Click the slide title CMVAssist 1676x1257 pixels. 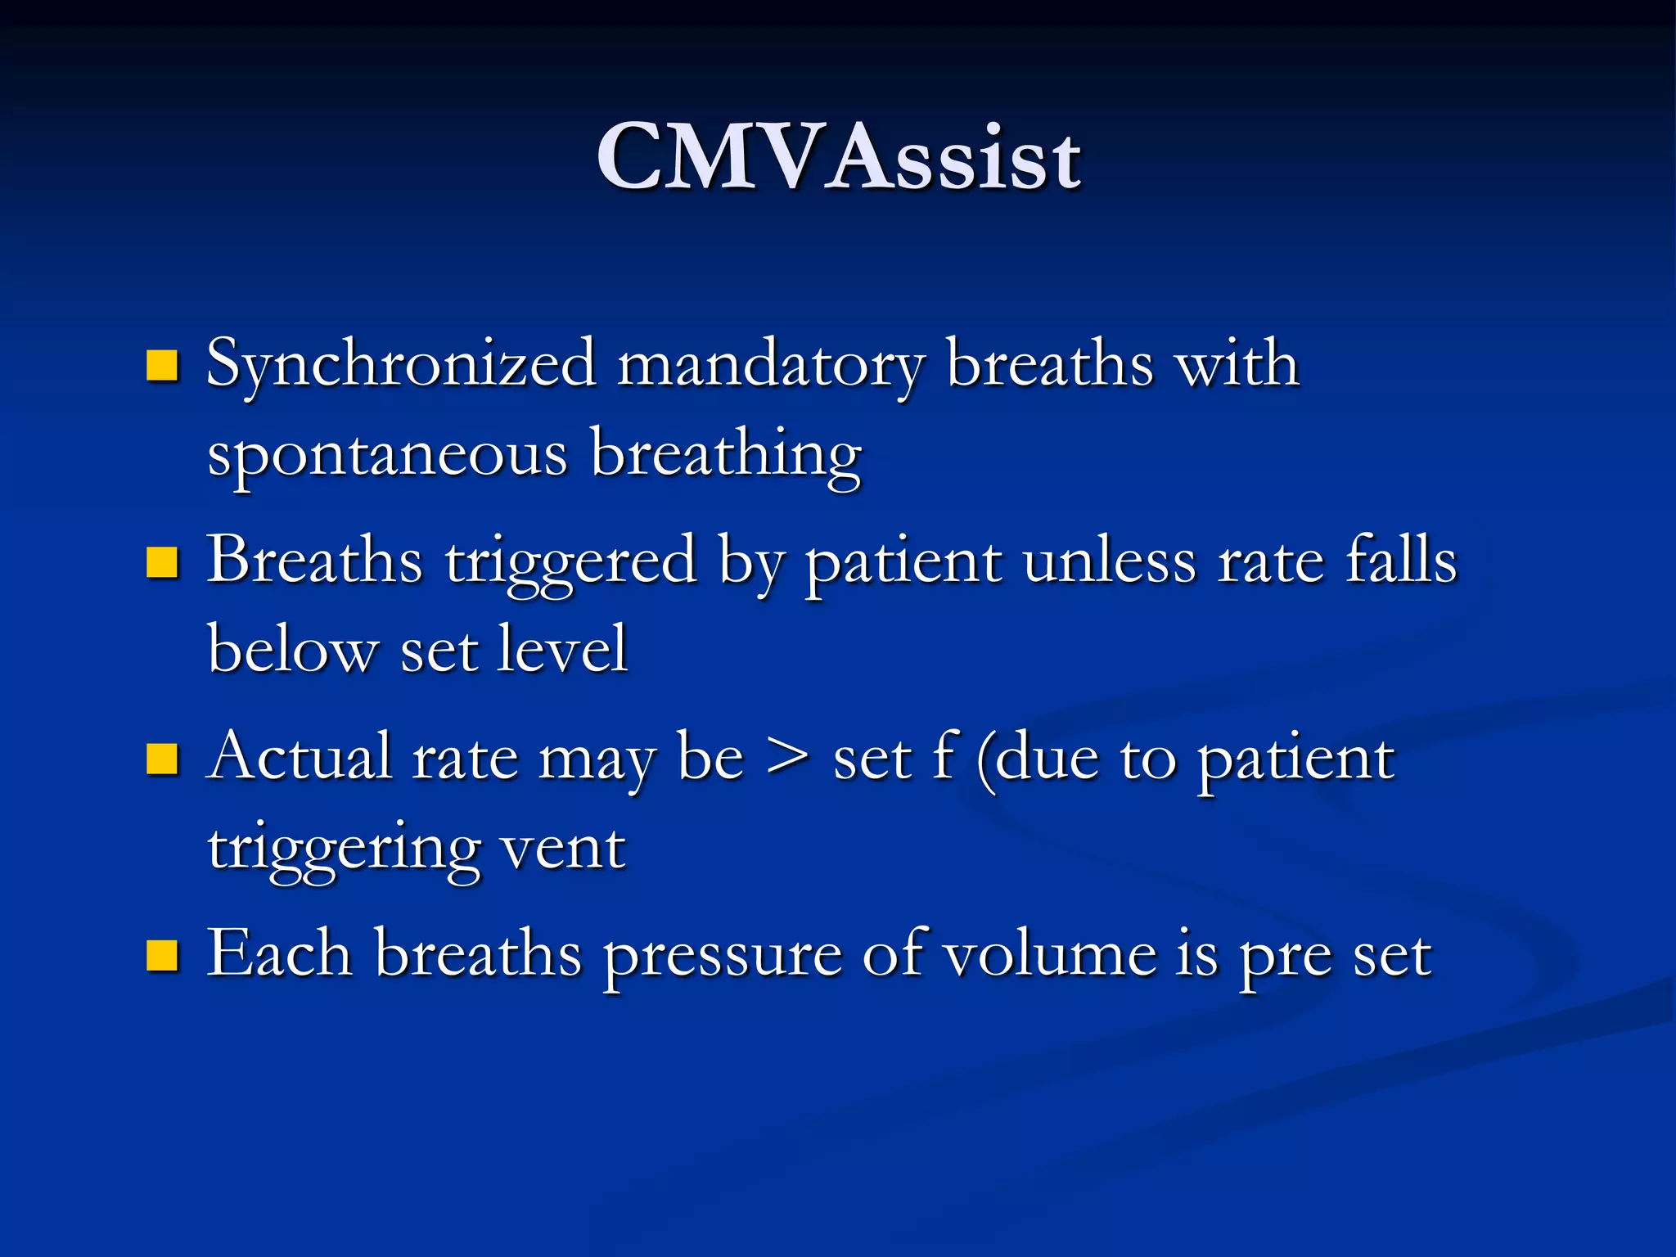pos(839,158)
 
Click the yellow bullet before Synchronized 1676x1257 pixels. pos(162,367)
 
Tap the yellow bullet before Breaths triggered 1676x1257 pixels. pos(162,563)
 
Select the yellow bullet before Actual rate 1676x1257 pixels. pos(162,759)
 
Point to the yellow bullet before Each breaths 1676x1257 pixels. pos(162,955)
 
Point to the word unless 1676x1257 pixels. pos(1109,562)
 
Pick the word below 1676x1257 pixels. pos(292,649)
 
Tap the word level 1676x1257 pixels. pos(562,649)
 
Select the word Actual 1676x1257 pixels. pos(299,757)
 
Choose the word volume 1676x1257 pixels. pos(1050,955)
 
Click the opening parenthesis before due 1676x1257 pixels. pos(985,761)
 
